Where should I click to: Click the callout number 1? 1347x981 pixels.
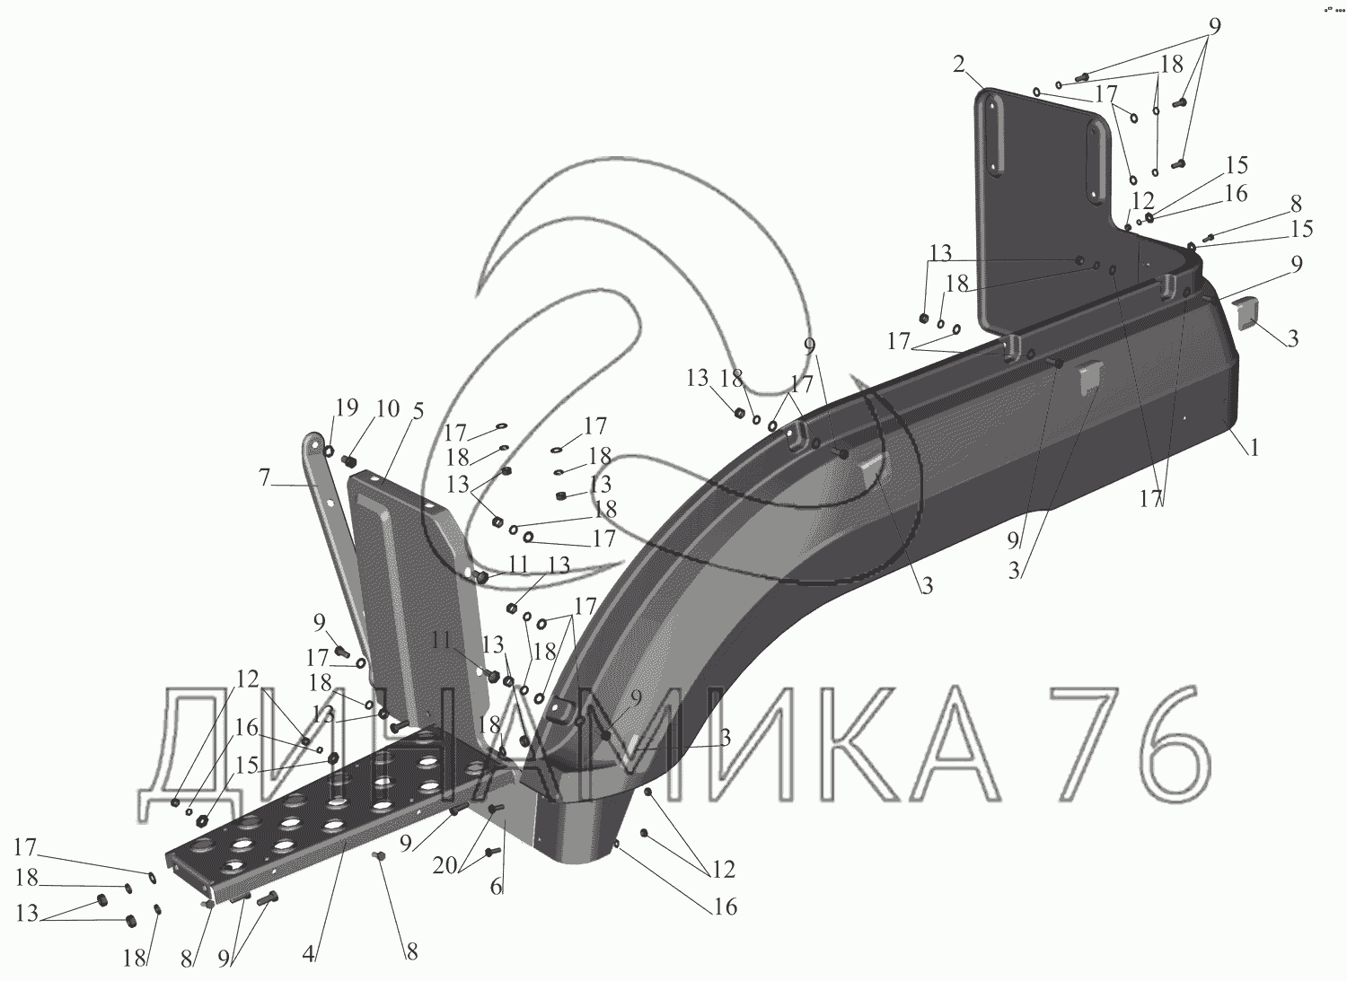pos(1254,448)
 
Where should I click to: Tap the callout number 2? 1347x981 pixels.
pos(960,66)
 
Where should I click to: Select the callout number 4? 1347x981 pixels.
pos(309,954)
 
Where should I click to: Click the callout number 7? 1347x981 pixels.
pos(265,477)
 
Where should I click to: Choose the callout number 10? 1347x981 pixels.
pos(388,408)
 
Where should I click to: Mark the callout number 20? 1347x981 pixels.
pos(445,865)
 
